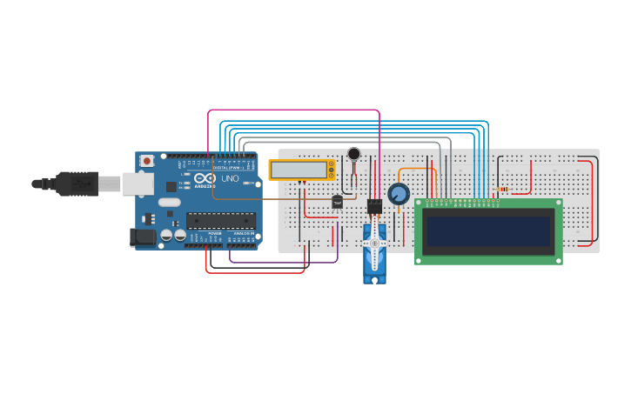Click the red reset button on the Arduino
coord(147,161)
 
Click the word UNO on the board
coord(230,178)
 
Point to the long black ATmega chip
coord(220,220)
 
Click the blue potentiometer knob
coord(399,194)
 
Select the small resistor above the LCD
coord(504,189)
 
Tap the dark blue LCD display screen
coord(487,231)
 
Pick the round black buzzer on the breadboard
coord(353,154)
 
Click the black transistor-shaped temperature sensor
coord(337,202)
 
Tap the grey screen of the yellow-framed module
coord(298,169)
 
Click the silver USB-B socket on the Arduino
coord(138,183)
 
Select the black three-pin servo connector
coord(374,206)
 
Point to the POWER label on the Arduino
coord(214,234)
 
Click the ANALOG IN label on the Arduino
coord(245,234)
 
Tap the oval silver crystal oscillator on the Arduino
coord(169,202)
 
